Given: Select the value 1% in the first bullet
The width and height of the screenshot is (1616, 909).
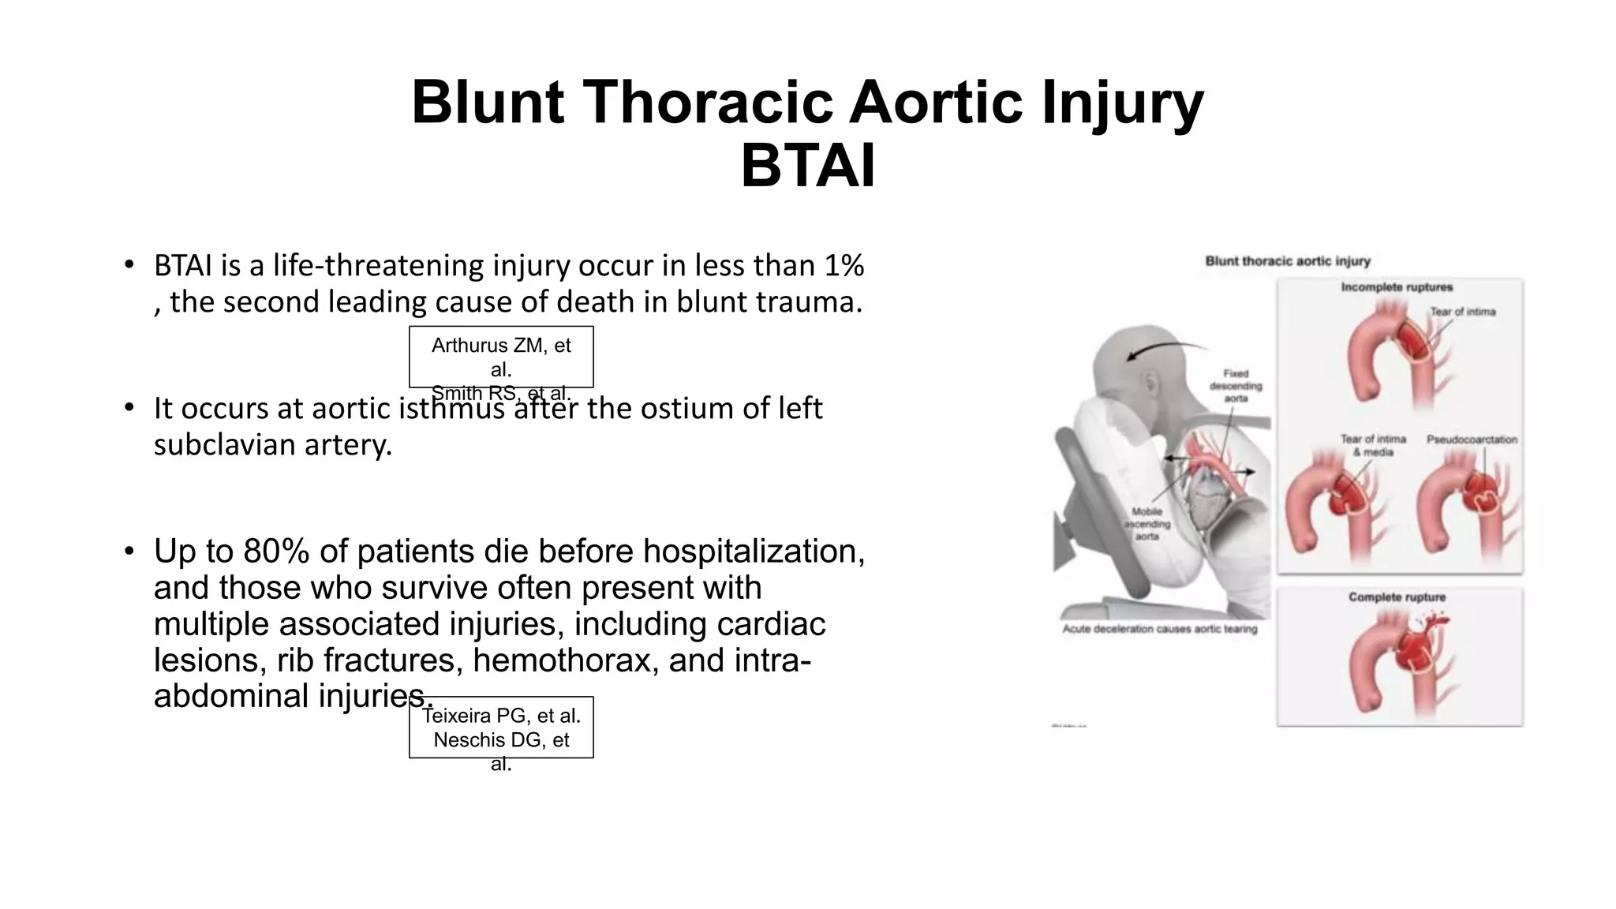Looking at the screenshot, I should tap(844, 266).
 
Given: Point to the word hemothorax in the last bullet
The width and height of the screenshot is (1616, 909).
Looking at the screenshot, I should tap(566, 660).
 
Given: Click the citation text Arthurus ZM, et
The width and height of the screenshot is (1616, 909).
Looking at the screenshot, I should tap(501, 346).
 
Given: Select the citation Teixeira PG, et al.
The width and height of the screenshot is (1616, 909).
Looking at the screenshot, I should tap(501, 716).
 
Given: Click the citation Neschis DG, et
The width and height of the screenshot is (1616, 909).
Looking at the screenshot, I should tap(501, 740).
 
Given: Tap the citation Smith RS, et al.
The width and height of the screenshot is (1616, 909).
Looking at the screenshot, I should tap(501, 393).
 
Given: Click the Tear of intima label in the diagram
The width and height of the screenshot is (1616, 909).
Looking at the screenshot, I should tap(1462, 312).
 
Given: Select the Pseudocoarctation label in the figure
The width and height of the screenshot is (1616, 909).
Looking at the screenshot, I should tap(1471, 440).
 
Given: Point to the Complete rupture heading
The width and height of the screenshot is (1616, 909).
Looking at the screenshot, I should tap(1397, 597).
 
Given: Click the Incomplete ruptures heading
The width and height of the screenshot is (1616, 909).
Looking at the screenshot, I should tap(1397, 287).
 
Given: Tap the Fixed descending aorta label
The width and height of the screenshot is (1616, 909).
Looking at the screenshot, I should tap(1236, 386).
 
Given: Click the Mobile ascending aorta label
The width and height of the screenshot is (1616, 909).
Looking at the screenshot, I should tap(1147, 524).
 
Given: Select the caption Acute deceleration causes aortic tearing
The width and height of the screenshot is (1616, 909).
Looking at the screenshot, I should tap(1159, 630).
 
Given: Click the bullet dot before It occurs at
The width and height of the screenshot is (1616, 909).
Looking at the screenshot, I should tap(129, 408).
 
